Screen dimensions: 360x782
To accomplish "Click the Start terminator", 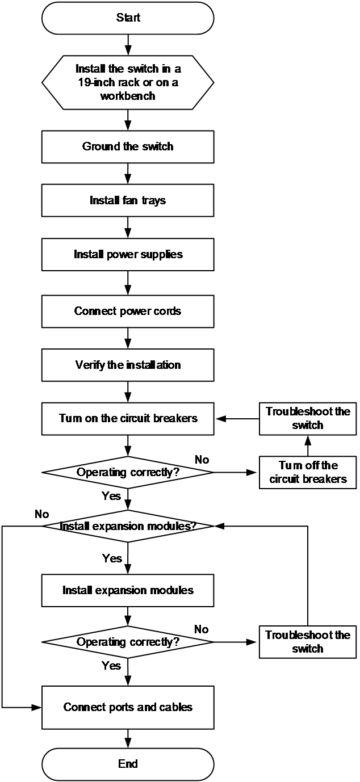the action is coord(128,18).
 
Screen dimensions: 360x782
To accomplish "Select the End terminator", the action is coord(128,764).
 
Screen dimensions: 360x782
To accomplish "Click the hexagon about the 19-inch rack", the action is coord(128,82).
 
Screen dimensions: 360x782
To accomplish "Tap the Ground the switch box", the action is coord(128,146).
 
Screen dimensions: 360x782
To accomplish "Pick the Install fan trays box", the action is coord(128,200).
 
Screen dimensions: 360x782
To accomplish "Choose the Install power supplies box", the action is coord(128,254).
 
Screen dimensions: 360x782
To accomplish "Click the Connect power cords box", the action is coord(128,312).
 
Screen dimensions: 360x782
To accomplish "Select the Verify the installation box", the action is coord(128,365).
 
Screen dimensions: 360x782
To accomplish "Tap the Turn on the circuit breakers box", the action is coord(128,419).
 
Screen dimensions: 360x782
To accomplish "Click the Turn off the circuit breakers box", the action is coord(308,472).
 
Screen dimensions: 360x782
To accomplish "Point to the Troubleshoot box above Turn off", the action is coord(308,419).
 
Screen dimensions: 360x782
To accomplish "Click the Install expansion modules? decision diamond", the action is coord(128,526).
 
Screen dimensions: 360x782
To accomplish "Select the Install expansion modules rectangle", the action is coord(128,590).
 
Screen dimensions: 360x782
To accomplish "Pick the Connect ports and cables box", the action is coord(128,707).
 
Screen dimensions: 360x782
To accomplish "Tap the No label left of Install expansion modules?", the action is coord(42,514).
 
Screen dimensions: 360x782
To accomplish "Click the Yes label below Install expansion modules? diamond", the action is coord(112,558).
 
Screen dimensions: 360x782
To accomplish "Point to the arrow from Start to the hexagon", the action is coord(128,45).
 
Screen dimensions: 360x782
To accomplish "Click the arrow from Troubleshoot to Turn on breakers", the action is coord(237,419).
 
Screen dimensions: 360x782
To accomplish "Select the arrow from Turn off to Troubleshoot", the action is coord(308,446).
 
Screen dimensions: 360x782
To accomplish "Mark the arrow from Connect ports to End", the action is coord(128,739).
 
